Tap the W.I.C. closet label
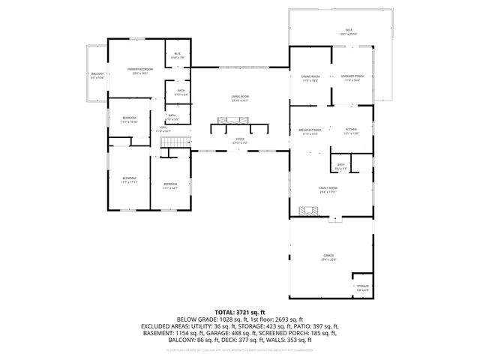coord(178,55)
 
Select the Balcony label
coord(97,76)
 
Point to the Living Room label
coord(239,97)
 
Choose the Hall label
coord(163,129)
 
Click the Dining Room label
coord(310,78)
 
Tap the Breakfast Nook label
coord(310,131)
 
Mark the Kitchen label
coord(351,131)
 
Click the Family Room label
coord(328,190)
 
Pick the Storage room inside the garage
coord(362,288)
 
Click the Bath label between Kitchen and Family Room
coord(340,166)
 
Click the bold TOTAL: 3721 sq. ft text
coord(240,311)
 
